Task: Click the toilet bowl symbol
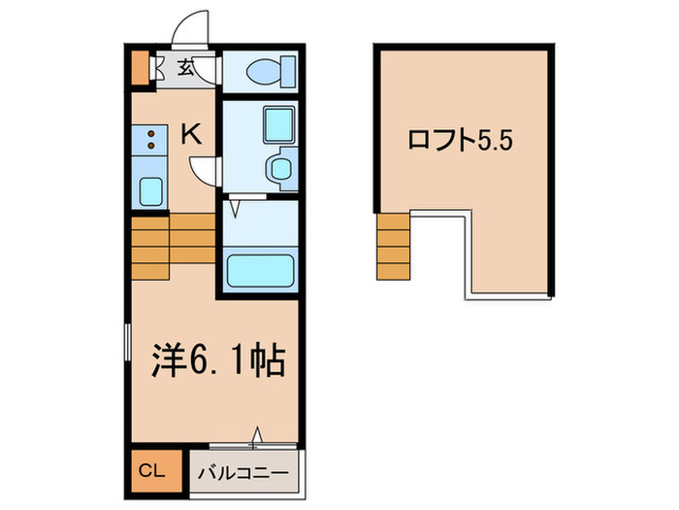pos(264,70)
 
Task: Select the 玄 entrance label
pos(184,68)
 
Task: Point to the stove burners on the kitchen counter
pos(150,141)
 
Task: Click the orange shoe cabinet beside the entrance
pos(140,68)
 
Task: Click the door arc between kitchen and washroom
pos(207,172)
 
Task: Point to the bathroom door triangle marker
pos(234,205)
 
